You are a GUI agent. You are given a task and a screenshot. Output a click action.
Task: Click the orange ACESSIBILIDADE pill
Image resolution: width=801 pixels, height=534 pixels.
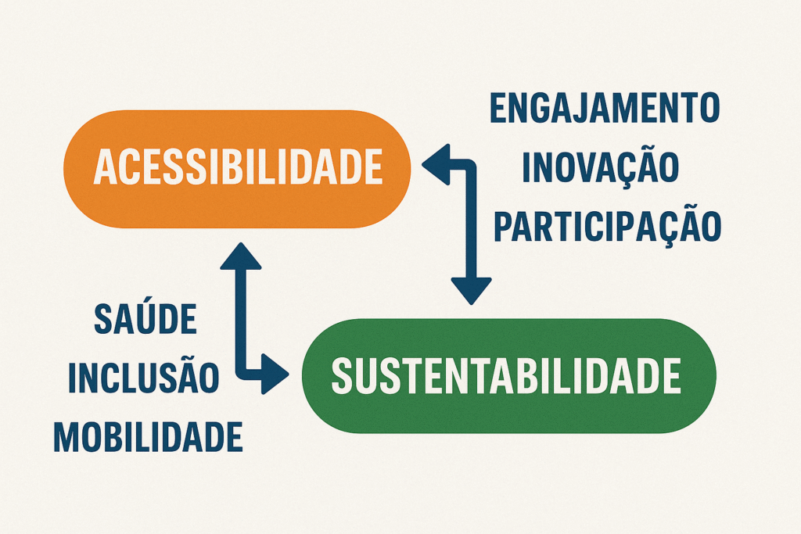[237, 168]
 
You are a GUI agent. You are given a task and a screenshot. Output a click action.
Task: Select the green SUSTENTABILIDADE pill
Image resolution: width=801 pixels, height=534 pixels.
[508, 376]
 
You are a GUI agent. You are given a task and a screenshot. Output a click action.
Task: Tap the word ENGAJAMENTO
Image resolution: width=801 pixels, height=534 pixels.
[605, 108]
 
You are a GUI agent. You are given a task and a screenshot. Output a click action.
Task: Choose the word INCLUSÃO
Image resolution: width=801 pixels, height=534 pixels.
[144, 375]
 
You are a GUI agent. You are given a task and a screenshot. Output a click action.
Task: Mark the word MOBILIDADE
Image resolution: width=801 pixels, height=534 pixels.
[148, 437]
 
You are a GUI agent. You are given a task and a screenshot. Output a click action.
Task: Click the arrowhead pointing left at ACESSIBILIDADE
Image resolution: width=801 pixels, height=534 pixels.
[436, 164]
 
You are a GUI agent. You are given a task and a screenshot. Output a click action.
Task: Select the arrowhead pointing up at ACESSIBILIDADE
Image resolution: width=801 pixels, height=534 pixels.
[241, 256]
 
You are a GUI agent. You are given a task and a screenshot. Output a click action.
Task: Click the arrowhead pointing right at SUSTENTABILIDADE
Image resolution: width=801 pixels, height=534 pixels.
[275, 374]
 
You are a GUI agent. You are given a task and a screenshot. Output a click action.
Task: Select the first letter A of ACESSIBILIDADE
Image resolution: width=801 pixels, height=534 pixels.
[106, 167]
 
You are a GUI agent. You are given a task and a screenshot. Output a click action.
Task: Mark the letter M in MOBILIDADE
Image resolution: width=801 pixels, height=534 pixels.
[67, 437]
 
